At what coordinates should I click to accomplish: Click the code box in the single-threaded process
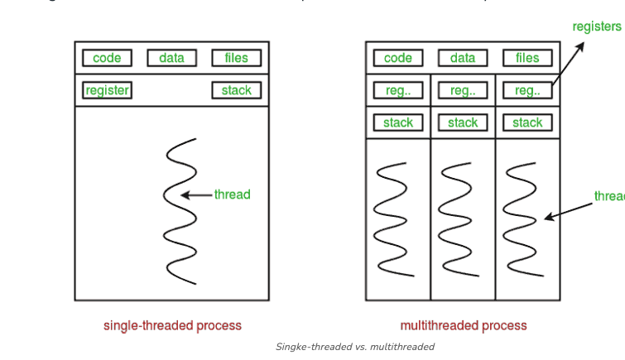tap(107, 58)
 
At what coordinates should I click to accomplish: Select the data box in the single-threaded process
tap(171, 58)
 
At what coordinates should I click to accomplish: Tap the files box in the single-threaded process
tap(236, 58)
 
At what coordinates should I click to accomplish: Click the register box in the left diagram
tap(107, 90)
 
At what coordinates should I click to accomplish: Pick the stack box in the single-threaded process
tap(236, 90)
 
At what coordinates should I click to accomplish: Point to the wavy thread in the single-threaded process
tap(180, 212)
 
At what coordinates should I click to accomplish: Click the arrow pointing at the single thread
tap(196, 195)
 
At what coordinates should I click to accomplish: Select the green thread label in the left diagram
tap(232, 194)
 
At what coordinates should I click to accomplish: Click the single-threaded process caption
tap(172, 325)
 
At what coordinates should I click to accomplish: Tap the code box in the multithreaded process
tap(398, 58)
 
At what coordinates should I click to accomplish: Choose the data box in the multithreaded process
tap(463, 58)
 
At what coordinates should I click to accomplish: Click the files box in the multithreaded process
tap(527, 58)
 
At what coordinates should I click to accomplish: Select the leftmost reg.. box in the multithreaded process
tap(398, 90)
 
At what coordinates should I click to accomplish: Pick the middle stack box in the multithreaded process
tap(463, 122)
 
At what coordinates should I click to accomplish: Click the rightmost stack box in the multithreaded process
tap(527, 122)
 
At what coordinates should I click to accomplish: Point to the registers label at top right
tap(597, 26)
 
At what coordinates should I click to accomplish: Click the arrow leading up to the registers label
tap(567, 63)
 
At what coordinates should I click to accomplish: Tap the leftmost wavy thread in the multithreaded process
tap(395, 218)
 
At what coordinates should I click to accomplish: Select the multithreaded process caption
tap(464, 325)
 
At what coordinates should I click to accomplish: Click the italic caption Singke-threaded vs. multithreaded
tap(355, 347)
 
